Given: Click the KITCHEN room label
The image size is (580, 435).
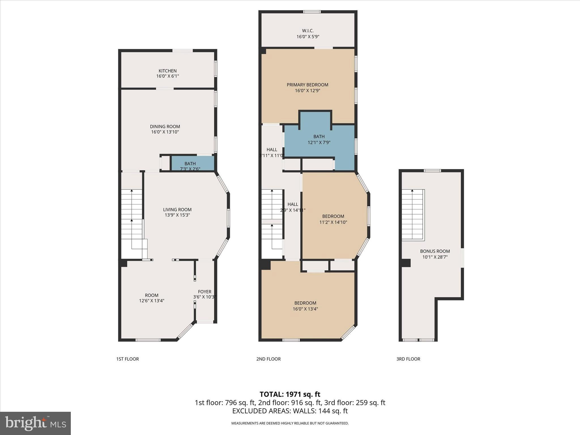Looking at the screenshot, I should click(167, 71).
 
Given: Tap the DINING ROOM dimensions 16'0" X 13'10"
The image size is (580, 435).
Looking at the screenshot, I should click(165, 132).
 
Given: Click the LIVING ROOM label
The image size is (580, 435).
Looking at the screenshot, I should click(177, 210).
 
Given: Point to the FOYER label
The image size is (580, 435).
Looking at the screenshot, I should click(204, 292).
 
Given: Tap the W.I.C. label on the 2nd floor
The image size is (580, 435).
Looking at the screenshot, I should click(308, 31).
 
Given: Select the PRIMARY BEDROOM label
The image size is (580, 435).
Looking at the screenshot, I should click(307, 85).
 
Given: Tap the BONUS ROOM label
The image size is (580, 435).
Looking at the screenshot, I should click(435, 251).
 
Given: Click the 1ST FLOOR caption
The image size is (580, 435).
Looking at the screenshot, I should click(127, 359).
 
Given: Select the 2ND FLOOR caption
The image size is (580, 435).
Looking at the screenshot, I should click(268, 359).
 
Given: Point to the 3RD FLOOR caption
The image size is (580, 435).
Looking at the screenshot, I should click(408, 359).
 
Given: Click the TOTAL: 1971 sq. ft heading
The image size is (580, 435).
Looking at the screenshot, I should click(290, 394).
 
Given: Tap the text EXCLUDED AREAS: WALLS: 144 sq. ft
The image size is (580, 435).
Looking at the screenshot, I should click(290, 411).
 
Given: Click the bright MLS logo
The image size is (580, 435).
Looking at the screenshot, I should click(35, 423).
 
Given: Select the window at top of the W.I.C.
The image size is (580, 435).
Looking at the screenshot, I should click(312, 12).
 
